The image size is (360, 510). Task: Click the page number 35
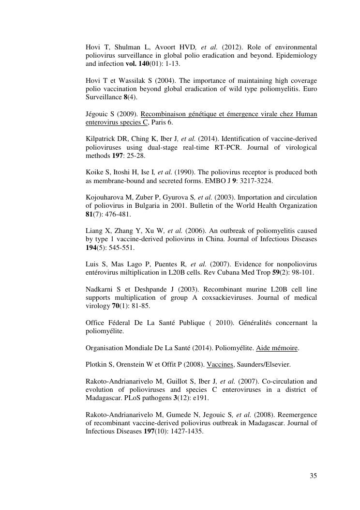(313, 476)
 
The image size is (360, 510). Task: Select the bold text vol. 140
(137, 63)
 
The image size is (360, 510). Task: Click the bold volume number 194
(92, 247)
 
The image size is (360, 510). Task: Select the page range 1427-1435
(186, 431)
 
